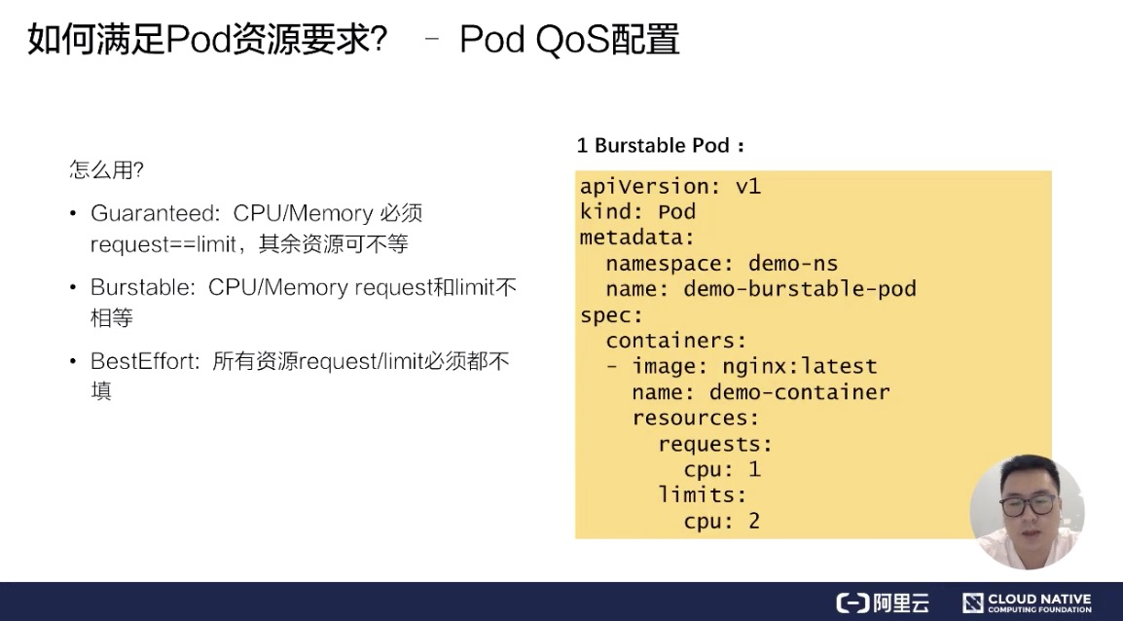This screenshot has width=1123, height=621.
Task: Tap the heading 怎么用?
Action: [x=107, y=169]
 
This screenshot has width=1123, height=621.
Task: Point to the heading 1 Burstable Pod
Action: [x=661, y=145]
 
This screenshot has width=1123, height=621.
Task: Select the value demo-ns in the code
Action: [x=793, y=263]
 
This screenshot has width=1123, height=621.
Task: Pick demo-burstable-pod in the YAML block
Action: [x=800, y=289]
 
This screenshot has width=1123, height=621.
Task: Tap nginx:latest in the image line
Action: [x=799, y=366]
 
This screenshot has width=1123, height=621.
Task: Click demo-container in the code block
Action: [x=799, y=392]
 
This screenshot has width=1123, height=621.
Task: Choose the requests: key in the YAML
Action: [x=714, y=444]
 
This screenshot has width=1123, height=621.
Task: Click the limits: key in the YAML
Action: [x=702, y=494]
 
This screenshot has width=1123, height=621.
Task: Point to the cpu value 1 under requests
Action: [x=754, y=469]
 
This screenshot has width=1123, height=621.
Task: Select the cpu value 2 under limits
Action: [x=754, y=521]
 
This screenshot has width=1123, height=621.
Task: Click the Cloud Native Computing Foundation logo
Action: [x=1027, y=603]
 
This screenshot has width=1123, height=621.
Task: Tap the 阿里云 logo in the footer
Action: [x=883, y=603]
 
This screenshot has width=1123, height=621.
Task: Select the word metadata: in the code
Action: [x=636, y=237]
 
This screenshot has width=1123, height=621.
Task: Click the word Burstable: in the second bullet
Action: [x=143, y=287]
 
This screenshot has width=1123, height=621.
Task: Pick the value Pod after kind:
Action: [x=676, y=211]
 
